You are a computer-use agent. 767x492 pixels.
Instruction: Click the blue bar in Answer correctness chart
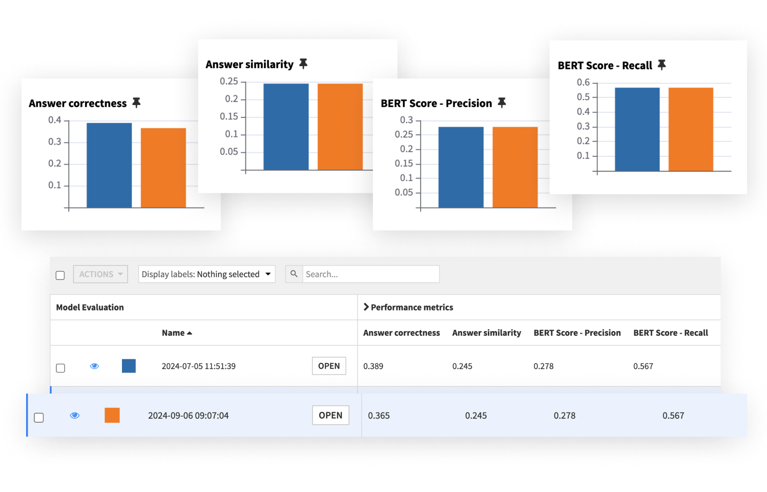[109, 165]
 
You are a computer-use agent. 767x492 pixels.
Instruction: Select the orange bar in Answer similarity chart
[340, 127]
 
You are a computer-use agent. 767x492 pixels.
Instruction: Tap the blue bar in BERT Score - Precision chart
[461, 167]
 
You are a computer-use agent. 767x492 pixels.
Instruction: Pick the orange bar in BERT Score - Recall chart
[691, 129]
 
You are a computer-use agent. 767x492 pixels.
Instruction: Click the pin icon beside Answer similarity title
[303, 64]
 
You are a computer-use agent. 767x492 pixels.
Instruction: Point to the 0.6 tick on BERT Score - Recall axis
[583, 83]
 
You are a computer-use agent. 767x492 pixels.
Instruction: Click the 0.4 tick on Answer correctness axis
[55, 120]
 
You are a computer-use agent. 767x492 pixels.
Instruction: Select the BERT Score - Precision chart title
[436, 104]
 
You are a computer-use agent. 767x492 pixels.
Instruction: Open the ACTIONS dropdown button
[100, 274]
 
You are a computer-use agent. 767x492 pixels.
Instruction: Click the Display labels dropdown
[206, 274]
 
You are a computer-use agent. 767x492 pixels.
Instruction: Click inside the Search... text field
[370, 274]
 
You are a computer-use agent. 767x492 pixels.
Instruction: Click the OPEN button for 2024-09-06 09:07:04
[330, 416]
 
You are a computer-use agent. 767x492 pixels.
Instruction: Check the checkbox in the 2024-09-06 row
[39, 418]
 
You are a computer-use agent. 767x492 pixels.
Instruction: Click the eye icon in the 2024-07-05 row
[94, 366]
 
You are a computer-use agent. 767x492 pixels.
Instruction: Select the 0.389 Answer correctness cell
[374, 366]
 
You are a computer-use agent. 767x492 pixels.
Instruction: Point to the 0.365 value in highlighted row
[379, 416]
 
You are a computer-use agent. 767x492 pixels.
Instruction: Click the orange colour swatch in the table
[112, 415]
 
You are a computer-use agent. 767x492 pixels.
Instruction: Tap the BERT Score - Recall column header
[670, 333]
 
